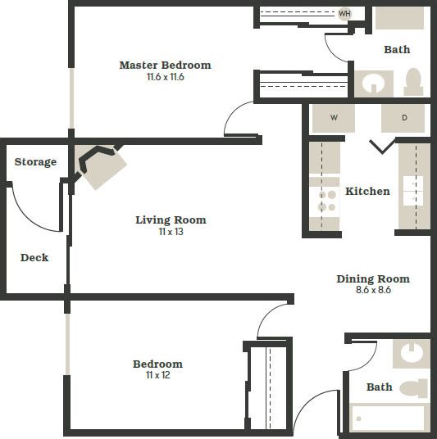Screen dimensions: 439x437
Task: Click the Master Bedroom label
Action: pos(165,65)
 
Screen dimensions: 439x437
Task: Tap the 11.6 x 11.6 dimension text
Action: pos(165,77)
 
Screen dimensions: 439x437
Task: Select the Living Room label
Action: pos(171,219)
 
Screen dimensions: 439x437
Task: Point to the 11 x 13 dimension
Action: pos(171,232)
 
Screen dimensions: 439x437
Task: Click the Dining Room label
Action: pos(373,278)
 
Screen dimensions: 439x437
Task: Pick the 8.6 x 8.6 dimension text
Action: pos(373,290)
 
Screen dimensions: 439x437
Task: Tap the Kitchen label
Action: pos(367,191)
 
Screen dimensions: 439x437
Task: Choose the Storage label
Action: pos(35,161)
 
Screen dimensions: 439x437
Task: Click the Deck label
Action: pos(34,257)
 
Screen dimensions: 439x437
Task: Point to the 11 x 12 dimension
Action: pos(158,376)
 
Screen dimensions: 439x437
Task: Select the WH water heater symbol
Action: pos(344,14)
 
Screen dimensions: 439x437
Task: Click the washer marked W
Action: pos(334,118)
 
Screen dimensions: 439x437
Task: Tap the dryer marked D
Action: pos(404,118)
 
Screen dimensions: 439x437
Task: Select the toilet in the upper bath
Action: pos(412,82)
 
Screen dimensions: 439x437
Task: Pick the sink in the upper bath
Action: pos(374,84)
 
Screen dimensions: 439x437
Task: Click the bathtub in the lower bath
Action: pos(387,418)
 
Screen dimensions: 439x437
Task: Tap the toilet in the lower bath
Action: pos(413,388)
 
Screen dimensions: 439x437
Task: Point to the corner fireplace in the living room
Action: pos(102,165)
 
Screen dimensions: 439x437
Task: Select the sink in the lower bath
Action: pos(411,352)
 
